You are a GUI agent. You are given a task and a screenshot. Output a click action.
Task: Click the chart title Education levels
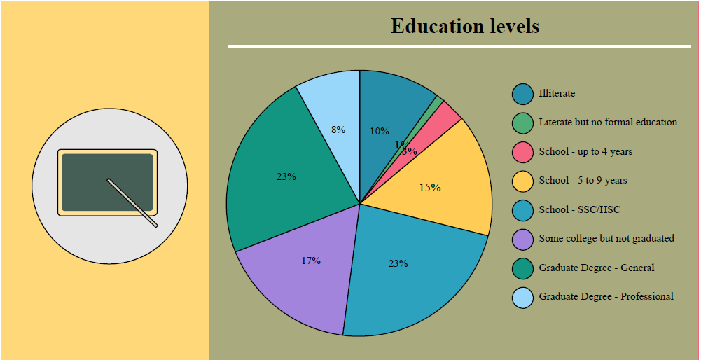pyautogui.click(x=464, y=26)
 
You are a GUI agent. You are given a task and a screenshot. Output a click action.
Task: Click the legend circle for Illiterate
pyautogui.click(x=522, y=93)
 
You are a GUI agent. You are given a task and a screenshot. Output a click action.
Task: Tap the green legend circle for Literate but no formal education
pyautogui.click(x=522, y=123)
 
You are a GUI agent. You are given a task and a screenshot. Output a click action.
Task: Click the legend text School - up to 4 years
pyautogui.click(x=585, y=151)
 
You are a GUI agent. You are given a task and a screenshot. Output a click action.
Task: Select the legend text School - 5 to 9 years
pyautogui.click(x=583, y=181)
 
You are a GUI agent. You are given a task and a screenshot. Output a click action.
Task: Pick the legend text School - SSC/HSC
pyautogui.click(x=579, y=209)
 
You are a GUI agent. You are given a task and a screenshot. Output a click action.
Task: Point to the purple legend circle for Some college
pyautogui.click(x=522, y=239)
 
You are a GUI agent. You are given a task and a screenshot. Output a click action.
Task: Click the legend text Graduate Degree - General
pyautogui.click(x=597, y=268)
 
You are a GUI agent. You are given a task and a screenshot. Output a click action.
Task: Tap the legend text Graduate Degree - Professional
pyautogui.click(x=606, y=297)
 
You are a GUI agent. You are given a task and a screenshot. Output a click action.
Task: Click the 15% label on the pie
pyautogui.click(x=429, y=188)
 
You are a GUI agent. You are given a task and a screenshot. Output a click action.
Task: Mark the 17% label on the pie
pyautogui.click(x=311, y=261)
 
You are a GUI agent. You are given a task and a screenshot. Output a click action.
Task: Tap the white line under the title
pyautogui.click(x=459, y=46)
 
